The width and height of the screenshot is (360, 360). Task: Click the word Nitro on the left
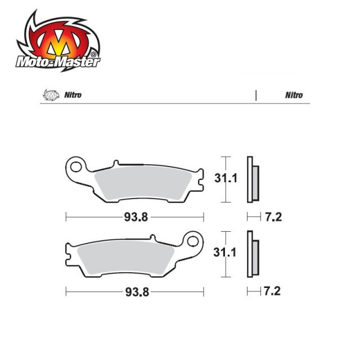(x=73, y=94)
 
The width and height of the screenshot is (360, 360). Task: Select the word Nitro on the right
(x=294, y=95)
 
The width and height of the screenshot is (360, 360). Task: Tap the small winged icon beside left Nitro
(x=49, y=94)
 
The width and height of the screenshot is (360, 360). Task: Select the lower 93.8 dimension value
(x=136, y=292)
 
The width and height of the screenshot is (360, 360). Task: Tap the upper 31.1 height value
(x=226, y=179)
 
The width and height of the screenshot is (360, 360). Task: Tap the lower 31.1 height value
(x=226, y=253)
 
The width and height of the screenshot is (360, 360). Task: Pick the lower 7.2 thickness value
(x=273, y=292)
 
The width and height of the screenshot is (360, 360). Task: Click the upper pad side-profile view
(x=253, y=179)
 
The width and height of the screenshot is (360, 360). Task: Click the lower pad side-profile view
(x=253, y=254)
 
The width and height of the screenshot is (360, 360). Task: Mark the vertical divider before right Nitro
(x=256, y=94)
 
